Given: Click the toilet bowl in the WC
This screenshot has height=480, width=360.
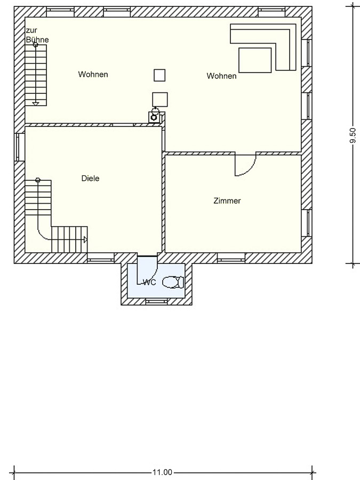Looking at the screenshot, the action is (173, 282).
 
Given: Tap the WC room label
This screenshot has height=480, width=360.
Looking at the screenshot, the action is (150, 282).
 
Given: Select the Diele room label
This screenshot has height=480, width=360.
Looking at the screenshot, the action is (90, 178).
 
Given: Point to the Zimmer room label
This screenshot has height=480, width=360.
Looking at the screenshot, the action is (227, 201).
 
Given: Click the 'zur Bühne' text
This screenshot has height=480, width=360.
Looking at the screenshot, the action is (37, 35).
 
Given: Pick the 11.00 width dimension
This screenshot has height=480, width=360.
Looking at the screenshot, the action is (162, 473).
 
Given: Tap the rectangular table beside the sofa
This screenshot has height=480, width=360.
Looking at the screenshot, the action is (255, 60).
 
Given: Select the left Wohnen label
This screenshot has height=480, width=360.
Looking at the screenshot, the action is (93, 74).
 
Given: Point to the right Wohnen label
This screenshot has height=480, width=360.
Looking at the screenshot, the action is (222, 76).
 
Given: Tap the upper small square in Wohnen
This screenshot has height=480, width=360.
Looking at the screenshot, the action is (159, 75).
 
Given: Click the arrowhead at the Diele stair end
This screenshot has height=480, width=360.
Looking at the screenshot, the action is (86, 239).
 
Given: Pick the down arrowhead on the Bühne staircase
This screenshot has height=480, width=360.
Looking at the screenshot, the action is (36, 104).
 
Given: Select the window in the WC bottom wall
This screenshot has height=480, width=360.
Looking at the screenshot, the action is (156, 302).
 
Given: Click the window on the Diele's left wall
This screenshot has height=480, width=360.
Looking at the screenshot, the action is (19, 147).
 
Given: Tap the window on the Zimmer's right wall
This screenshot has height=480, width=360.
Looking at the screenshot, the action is (307, 223).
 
